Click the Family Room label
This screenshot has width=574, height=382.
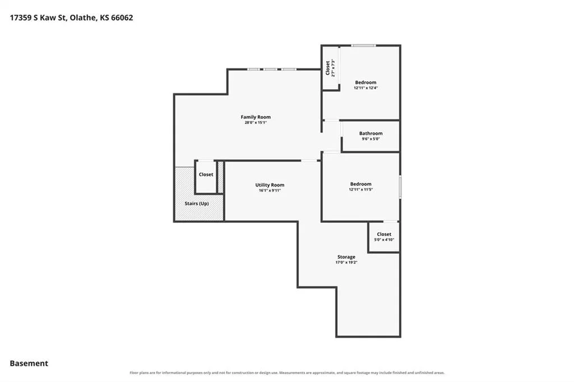[x=256, y=117]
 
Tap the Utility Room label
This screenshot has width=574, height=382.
[x=270, y=185]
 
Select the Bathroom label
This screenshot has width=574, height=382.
[x=371, y=133]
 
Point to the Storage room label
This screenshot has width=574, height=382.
[x=346, y=257]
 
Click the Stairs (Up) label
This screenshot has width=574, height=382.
[x=197, y=203]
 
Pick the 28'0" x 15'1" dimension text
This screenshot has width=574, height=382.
[x=256, y=123]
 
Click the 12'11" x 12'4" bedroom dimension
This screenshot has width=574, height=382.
[x=365, y=88]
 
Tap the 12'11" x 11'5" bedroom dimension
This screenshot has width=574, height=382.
[x=360, y=189]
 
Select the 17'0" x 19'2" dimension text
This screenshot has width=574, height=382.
[x=346, y=262]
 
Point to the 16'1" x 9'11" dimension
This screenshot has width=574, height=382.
[x=270, y=190]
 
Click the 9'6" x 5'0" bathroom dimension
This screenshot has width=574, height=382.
[x=371, y=139]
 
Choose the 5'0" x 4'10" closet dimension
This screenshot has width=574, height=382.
[x=384, y=240]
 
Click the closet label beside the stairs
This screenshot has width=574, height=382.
[x=206, y=175]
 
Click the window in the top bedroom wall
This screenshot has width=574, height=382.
[x=363, y=45]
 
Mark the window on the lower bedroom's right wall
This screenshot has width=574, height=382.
[x=400, y=187]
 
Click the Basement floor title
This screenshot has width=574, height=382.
[x=29, y=364]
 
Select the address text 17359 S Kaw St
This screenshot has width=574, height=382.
[x=38, y=17]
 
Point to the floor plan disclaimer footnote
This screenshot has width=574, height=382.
[x=287, y=373]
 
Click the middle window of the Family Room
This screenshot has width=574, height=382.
[x=271, y=69]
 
